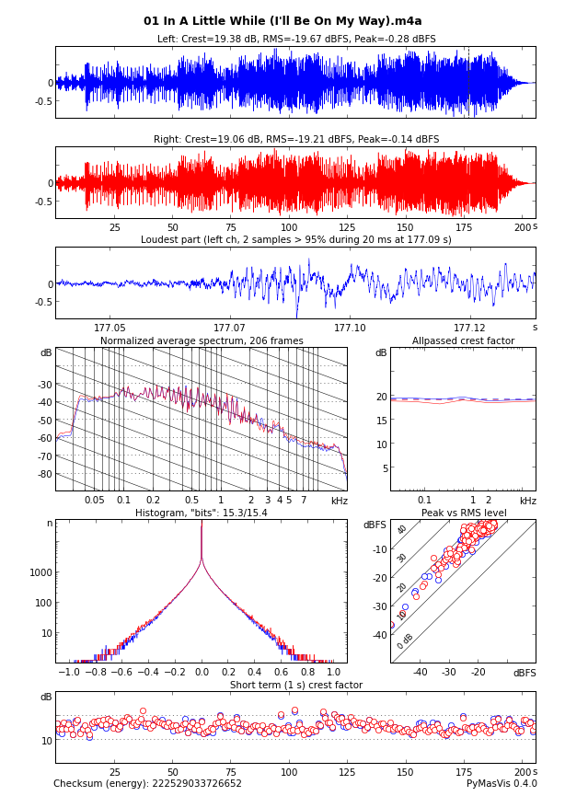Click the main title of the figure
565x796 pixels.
[282, 21]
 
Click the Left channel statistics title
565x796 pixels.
[296, 40]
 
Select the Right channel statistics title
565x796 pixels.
[296, 140]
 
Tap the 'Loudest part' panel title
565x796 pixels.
[296, 240]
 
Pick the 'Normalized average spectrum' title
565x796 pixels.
[202, 341]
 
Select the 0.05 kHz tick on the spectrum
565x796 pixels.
[95, 500]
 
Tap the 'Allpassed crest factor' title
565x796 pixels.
[463, 341]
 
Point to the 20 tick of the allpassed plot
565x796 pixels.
[382, 397]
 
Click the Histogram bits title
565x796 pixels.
[202, 513]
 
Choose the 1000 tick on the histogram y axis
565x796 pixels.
[40, 572]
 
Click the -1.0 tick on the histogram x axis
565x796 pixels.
[68, 673]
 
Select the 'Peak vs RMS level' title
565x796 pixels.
[463, 513]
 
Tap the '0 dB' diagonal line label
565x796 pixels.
[405, 640]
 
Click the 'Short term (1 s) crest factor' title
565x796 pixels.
[296, 685]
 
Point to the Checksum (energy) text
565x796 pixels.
[147, 784]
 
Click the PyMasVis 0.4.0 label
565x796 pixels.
[502, 784]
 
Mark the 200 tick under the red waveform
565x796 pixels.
[523, 227]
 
